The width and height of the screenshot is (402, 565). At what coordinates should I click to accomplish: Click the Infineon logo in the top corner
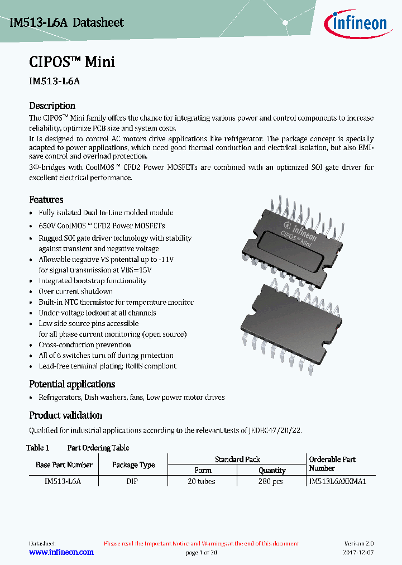pyautogui.click(x=355, y=23)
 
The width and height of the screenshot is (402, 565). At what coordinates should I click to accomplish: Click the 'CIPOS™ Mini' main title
pyautogui.click(x=71, y=61)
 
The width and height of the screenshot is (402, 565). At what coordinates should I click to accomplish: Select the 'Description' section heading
pyautogui.click(x=52, y=106)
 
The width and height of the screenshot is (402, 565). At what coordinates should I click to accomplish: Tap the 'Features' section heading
pyautogui.click(x=46, y=199)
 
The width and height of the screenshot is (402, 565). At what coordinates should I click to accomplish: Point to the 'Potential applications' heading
pyautogui.click(x=72, y=384)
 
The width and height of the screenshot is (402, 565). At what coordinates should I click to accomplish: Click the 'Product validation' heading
pyautogui.click(x=65, y=415)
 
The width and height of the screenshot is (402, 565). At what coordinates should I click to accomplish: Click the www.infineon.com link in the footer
pyautogui.click(x=61, y=552)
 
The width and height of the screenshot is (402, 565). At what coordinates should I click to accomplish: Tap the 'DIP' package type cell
pyautogui.click(x=132, y=481)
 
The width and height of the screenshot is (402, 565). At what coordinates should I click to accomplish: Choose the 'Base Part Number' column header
pyautogui.click(x=64, y=465)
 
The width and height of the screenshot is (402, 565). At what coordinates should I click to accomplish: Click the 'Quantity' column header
pyautogui.click(x=272, y=471)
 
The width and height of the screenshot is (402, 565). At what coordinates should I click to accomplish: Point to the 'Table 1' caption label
pyautogui.click(x=38, y=448)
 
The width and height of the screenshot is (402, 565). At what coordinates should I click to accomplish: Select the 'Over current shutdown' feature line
pyautogui.click(x=75, y=291)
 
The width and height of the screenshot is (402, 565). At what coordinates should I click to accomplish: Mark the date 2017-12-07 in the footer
pyautogui.click(x=358, y=552)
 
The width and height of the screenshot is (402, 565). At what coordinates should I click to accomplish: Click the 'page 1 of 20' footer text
pyautogui.click(x=201, y=552)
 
